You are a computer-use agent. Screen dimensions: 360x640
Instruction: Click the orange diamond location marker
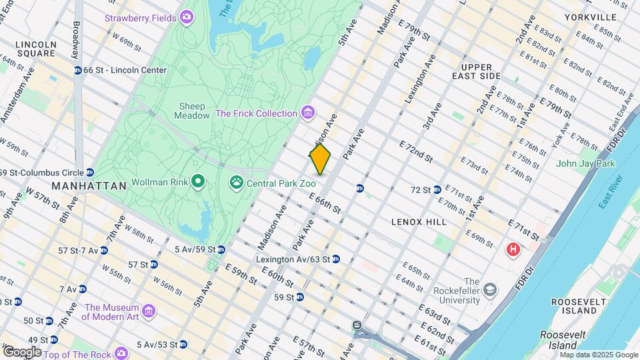320,159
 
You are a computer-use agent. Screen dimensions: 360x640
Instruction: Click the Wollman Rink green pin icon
197,181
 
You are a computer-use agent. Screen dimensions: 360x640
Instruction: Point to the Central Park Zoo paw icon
237,181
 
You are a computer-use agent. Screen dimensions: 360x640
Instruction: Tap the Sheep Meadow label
192,111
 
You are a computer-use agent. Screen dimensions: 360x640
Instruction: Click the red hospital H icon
513,250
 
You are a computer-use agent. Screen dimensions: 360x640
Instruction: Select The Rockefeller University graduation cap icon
490,289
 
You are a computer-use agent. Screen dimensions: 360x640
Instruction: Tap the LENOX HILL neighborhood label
419,221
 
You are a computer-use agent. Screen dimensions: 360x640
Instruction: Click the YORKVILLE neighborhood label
590,17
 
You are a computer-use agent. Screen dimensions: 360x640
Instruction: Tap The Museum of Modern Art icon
148,311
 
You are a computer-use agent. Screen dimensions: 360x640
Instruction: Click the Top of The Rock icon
121,353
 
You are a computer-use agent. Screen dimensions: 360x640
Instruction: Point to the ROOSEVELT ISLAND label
573,306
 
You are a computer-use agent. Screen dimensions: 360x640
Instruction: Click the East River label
609,192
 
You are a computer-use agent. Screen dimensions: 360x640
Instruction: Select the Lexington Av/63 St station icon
336,259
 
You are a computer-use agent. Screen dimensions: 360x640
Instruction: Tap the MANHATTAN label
89,186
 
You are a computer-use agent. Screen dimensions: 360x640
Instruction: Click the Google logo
21,351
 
